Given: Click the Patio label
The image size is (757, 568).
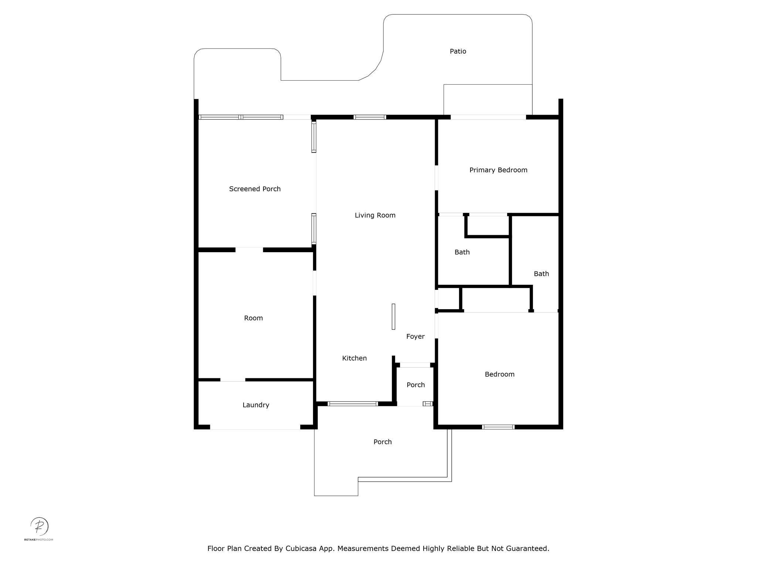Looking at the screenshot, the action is pos(458,51).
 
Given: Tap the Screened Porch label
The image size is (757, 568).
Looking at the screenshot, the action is pos(255,189).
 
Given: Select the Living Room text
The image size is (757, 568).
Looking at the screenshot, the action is pos(375,215).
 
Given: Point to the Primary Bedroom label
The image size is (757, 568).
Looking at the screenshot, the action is pos(498,170).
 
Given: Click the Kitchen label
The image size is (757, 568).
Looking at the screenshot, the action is pos(354,358).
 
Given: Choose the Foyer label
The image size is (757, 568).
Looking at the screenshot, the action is pos(415,337).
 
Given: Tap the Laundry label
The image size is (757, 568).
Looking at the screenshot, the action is pos(256,405).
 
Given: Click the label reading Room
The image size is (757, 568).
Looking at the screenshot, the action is pos(253,318).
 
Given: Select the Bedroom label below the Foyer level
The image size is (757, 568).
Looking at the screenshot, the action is pos(499,374).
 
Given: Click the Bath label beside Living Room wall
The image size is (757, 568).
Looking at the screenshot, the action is pos(462,252).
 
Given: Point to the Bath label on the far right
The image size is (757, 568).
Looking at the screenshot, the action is pos(541,274).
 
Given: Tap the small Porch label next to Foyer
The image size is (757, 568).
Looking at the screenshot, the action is pos(415,385).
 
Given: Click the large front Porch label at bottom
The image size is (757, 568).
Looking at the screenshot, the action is pos(382,442).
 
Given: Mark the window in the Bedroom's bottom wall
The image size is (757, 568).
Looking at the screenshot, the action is pos(498,427).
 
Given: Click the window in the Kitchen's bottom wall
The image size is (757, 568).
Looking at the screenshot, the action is pos(353,404).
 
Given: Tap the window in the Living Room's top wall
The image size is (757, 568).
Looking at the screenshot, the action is pos(370,117).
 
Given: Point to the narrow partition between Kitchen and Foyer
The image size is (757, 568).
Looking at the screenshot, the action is pos(393,317).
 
